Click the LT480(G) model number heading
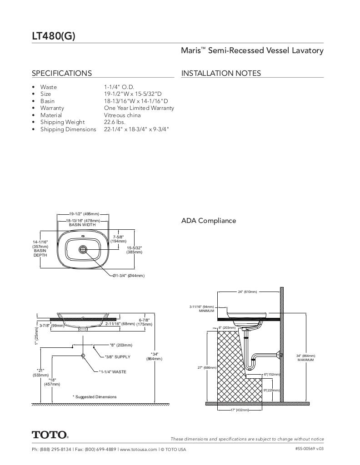tap(54, 36)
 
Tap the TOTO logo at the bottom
tap(50, 435)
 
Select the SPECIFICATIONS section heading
tap(61, 73)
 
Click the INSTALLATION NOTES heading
tap(221, 73)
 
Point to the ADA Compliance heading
tap(209, 221)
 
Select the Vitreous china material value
tap(122, 115)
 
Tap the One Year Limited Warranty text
tap(139, 108)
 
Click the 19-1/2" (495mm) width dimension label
tap(84, 213)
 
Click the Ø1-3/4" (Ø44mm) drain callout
tap(129, 276)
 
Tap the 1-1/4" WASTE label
tap(113, 372)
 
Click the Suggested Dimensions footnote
tap(95, 397)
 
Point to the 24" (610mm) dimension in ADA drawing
tap(248, 292)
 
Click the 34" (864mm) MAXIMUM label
tap(305, 358)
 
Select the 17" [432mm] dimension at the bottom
tap(239, 410)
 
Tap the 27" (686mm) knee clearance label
tap(207, 368)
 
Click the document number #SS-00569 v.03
tap(309, 449)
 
